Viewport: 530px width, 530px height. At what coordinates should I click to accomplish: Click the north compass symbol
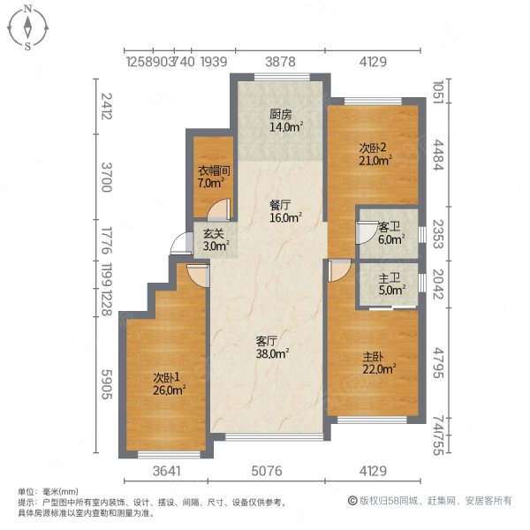(29, 27)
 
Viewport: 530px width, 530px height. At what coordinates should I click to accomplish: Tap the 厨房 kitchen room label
(280, 113)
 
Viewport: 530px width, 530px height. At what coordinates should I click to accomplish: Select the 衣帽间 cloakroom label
(210, 172)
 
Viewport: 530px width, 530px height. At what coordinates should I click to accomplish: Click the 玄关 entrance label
(213, 234)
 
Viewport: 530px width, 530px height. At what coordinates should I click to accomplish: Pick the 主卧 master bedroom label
(373, 359)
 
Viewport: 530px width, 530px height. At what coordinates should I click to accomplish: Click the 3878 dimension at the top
(280, 62)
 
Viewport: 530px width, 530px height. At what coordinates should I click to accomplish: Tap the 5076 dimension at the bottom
(266, 472)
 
